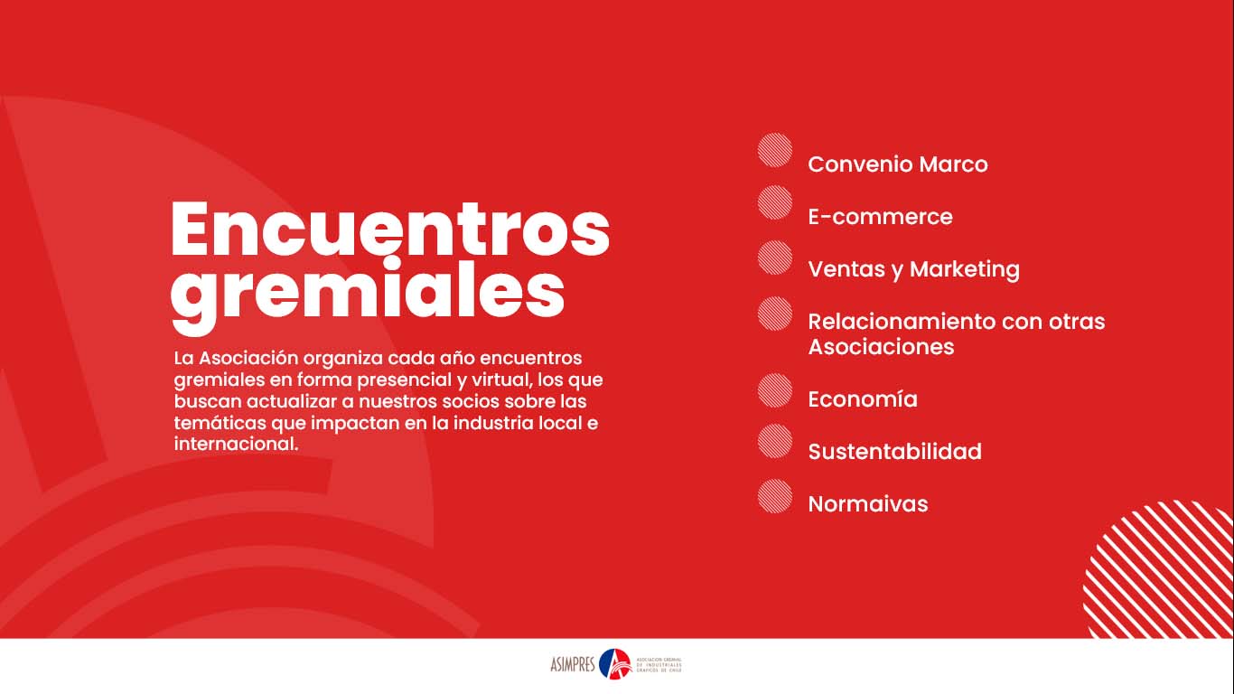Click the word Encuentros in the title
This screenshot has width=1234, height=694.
(390, 230)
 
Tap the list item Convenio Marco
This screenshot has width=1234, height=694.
(897, 164)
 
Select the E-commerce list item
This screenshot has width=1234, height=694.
(880, 217)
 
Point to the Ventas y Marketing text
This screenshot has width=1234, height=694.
(913, 269)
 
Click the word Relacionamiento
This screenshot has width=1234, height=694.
(899, 322)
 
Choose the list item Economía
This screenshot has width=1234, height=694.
(863, 399)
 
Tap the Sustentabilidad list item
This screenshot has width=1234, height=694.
(894, 452)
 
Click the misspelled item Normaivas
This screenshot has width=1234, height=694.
(867, 504)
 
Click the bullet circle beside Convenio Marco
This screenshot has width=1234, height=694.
(774, 150)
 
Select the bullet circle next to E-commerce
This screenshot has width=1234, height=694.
(774, 202)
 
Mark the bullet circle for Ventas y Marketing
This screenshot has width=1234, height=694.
(774, 258)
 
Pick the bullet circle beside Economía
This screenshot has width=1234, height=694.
(774, 390)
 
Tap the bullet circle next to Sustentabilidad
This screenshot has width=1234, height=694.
(774, 441)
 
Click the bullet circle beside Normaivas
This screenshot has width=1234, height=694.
(774, 496)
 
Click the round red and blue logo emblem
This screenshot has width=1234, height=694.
(615, 664)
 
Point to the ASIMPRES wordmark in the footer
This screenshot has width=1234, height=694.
(573, 665)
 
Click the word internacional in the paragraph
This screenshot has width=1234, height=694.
(236, 445)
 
